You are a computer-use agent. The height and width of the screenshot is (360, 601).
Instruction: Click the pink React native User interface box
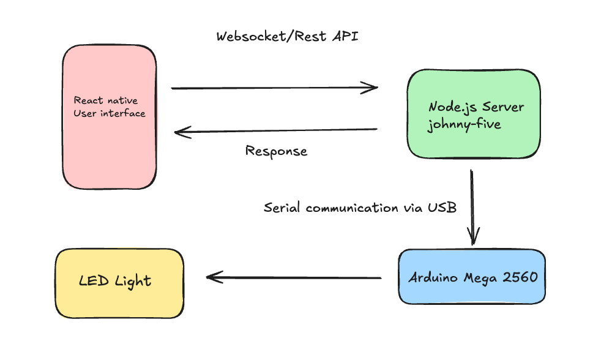[x=109, y=117]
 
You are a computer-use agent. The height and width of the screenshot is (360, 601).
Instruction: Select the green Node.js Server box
[x=474, y=114]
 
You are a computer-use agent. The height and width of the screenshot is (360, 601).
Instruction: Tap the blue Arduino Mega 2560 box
[x=472, y=277]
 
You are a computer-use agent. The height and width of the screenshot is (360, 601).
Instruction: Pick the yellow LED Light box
[x=119, y=283]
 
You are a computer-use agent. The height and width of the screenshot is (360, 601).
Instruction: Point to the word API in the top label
[x=345, y=36]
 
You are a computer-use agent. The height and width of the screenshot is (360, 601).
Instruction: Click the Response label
[x=276, y=151]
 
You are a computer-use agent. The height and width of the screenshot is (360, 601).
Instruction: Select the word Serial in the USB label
[x=282, y=208]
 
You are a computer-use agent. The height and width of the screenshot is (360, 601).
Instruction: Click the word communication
[x=352, y=208]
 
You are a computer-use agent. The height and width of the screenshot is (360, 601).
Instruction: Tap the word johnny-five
[x=464, y=125]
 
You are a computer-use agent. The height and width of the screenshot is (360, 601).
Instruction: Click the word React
[x=89, y=100]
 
